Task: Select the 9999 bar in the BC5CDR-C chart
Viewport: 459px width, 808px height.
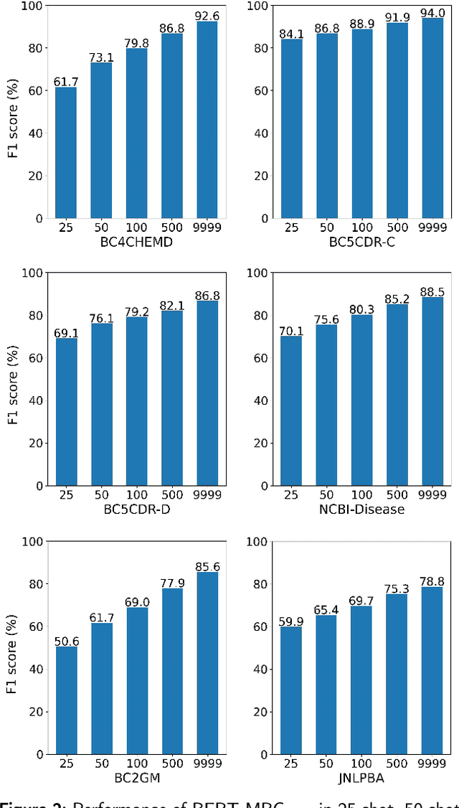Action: [x=432, y=118]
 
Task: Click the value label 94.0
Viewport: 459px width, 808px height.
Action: [x=432, y=12]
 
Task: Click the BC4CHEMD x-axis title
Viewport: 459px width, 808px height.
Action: [x=136, y=243]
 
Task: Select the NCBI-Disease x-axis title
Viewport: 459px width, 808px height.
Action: [x=362, y=510]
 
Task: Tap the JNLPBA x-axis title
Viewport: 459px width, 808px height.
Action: [x=362, y=779]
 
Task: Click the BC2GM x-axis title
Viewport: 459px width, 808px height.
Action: [x=136, y=779]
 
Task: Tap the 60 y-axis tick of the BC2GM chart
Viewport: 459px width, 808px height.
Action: [x=33, y=627]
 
